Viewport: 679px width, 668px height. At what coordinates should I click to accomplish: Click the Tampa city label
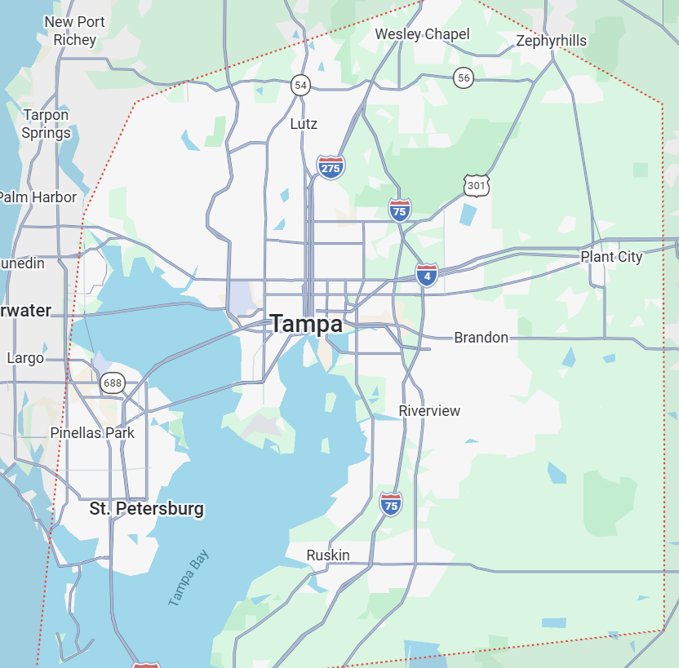point(306,324)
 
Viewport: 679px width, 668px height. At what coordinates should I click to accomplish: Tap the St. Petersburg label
point(146,509)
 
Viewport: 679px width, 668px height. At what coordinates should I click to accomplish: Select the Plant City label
point(611,257)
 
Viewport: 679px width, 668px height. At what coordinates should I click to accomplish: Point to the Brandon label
point(481,338)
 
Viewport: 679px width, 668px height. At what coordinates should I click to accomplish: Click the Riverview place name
point(429,411)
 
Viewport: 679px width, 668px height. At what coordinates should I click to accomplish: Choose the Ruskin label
point(328,555)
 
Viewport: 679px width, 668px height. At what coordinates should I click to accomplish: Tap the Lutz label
point(304,124)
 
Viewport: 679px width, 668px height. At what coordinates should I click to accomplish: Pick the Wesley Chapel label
point(422,34)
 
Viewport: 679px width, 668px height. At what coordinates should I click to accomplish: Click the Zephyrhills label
point(552,41)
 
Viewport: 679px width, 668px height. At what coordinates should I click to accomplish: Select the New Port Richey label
point(74,30)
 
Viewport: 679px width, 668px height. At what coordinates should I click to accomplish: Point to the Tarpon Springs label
point(46,124)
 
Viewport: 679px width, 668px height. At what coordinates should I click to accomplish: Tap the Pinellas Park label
point(92,433)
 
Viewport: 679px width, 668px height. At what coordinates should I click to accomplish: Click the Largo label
point(25,358)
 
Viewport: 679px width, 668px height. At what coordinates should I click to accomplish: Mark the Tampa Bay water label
point(189,578)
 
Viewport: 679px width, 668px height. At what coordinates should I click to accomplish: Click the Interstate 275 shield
point(331,166)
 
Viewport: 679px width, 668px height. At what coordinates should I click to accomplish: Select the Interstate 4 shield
point(426,274)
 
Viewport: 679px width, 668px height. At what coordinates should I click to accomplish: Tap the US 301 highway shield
point(476,185)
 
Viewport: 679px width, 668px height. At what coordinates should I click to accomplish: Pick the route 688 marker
point(112,383)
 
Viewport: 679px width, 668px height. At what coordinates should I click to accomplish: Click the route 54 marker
point(300,84)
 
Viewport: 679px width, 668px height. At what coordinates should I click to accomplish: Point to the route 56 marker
point(464,77)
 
